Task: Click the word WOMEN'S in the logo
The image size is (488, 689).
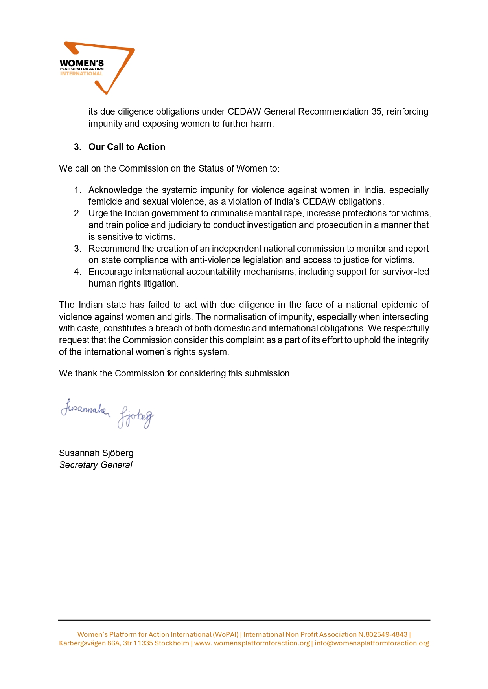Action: pyautogui.click(x=81, y=63)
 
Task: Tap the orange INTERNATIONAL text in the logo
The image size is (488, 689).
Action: pyautogui.click(x=81, y=74)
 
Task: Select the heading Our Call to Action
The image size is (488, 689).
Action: pyautogui.click(x=127, y=147)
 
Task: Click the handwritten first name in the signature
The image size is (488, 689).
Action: pyautogui.click(x=85, y=409)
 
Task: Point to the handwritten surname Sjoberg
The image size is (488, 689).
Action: pyautogui.click(x=136, y=418)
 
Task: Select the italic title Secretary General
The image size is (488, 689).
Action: pyautogui.click(x=96, y=465)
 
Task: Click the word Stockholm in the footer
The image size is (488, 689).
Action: pyautogui.click(x=171, y=643)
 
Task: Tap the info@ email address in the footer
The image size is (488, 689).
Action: pyautogui.click(x=372, y=643)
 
